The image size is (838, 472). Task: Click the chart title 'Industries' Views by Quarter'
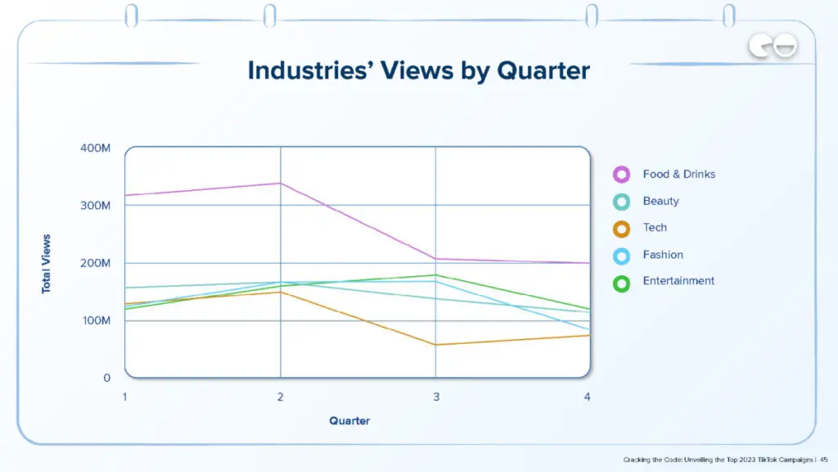click(x=418, y=70)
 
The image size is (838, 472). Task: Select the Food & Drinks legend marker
click(x=621, y=174)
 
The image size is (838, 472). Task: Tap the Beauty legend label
click(x=660, y=201)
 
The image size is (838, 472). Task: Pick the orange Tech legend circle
click(x=621, y=229)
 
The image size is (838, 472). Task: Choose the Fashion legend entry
click(x=663, y=255)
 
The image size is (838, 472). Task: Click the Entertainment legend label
click(x=678, y=280)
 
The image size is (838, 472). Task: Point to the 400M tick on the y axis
click(x=95, y=147)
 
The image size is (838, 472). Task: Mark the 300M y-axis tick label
click(x=95, y=205)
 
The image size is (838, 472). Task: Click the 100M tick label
click(x=95, y=320)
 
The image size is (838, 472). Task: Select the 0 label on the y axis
click(x=106, y=378)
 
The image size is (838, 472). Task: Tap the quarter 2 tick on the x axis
click(x=281, y=397)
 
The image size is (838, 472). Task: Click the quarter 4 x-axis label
click(x=588, y=397)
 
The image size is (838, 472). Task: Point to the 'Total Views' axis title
click(x=47, y=264)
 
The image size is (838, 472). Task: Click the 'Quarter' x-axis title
click(x=349, y=420)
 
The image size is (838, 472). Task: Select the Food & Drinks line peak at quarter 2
click(x=281, y=184)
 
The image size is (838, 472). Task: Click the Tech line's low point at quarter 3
click(x=435, y=344)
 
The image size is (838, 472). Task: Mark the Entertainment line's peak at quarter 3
click(x=435, y=275)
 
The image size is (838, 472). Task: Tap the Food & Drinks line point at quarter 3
click(x=435, y=259)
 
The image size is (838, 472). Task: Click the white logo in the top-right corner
click(x=774, y=48)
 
